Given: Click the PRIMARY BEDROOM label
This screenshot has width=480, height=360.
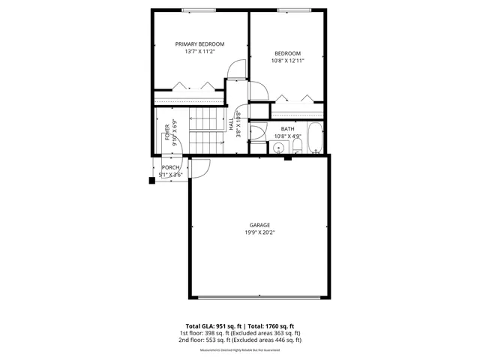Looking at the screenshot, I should point(200,44).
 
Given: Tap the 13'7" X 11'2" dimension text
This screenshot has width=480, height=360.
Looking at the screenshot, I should point(200,52).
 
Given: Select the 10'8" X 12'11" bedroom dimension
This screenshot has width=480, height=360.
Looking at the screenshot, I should point(288,61).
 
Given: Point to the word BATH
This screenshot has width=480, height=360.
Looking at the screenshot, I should point(288,129).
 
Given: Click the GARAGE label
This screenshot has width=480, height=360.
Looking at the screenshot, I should point(259,225).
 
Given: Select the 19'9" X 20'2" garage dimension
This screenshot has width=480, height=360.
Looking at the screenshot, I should point(259,232).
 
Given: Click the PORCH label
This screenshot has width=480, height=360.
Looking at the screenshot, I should point(171,167).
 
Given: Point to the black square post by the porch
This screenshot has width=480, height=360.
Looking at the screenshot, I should point(152,179).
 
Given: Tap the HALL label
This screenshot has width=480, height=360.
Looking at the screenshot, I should point(232,127).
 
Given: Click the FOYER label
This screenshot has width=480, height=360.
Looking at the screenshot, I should point(166,130).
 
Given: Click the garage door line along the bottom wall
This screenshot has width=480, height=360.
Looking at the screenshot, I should point(259,296).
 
